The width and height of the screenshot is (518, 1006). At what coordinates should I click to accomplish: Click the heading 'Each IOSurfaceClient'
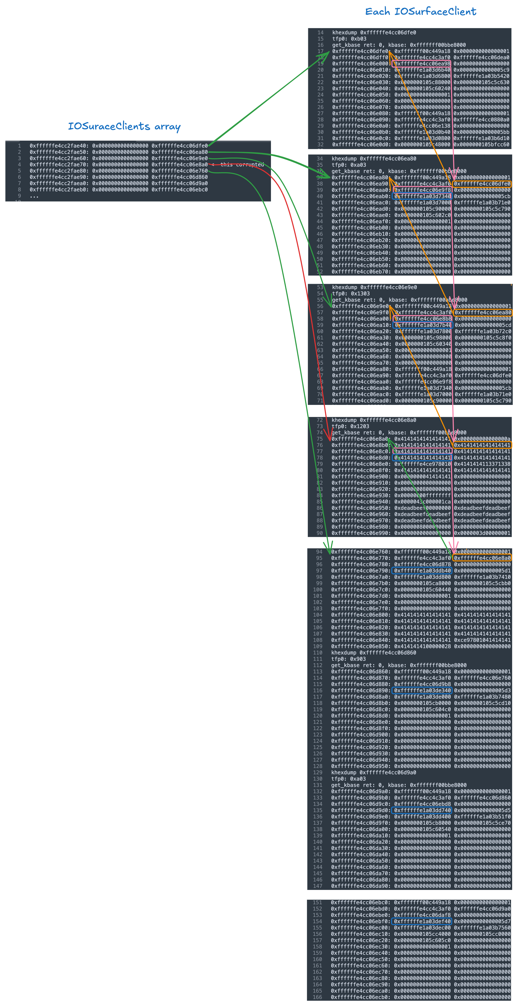420,12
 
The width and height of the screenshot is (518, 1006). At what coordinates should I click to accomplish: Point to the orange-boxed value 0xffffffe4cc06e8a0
482,558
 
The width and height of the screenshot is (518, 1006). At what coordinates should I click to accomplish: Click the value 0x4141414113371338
482,464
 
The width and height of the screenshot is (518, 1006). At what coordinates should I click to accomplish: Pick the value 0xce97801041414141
482,640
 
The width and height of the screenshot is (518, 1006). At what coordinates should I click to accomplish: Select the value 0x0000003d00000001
482,533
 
